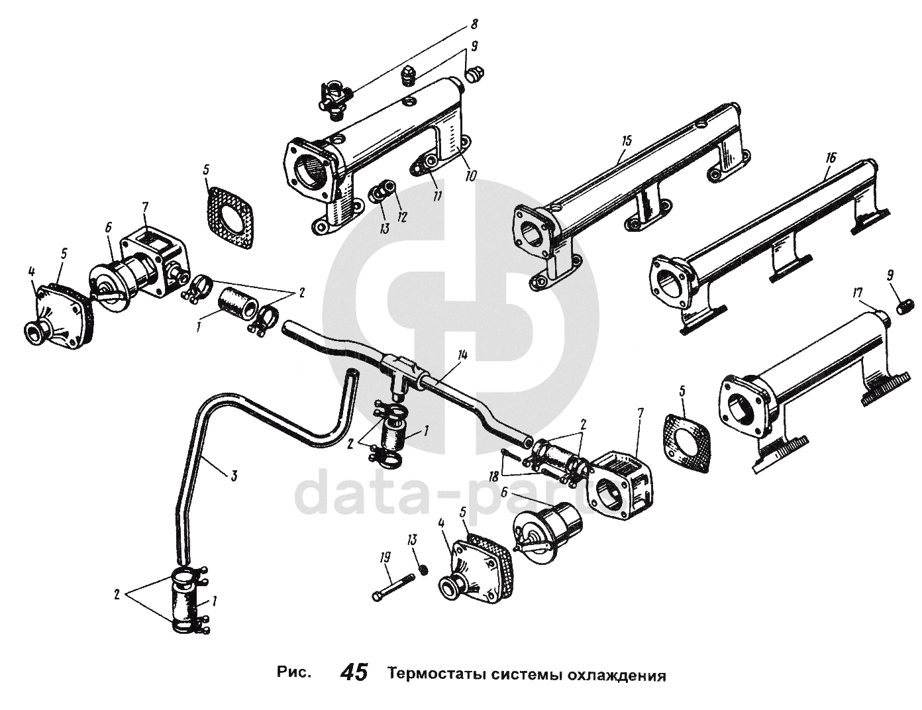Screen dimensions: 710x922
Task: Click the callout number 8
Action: (x=474, y=25)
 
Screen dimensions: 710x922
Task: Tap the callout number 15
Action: (x=628, y=140)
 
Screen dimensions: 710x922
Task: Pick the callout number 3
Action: (x=234, y=475)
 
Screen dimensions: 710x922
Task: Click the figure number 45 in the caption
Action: (x=354, y=674)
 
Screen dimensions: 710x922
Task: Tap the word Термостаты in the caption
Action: (x=438, y=675)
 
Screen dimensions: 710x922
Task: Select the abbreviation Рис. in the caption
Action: (x=293, y=674)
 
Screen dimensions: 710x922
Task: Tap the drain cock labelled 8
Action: (x=334, y=96)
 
